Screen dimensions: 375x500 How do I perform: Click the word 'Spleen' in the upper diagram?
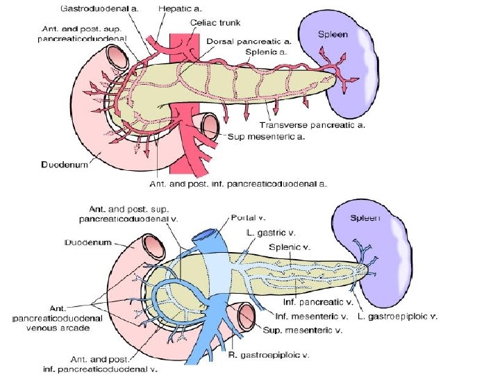[334, 33]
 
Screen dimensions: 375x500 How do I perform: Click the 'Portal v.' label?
[245, 216]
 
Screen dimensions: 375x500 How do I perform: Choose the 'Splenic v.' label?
[289, 247]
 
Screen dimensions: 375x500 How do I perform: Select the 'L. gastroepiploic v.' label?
[398, 317]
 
